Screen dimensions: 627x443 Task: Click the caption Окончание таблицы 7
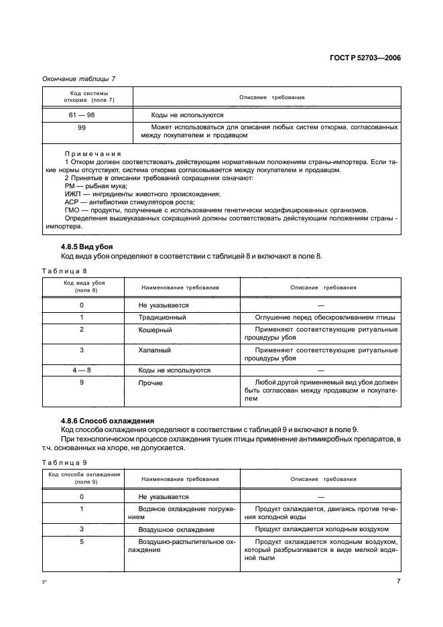coord(78,79)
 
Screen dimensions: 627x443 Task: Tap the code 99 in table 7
coord(82,127)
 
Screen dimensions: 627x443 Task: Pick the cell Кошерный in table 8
coord(155,330)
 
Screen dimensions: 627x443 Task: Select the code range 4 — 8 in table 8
coord(82,370)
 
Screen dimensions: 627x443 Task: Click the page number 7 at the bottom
coord(398,581)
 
